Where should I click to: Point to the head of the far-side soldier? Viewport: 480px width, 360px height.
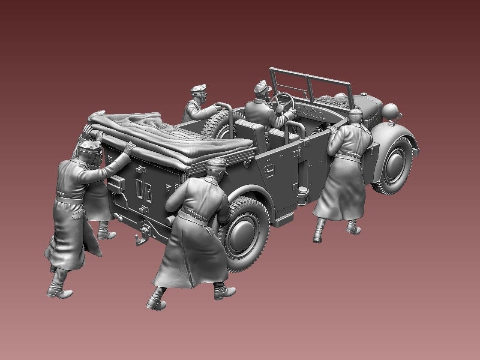[x=199, y=93]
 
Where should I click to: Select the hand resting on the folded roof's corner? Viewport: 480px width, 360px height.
[x=129, y=147]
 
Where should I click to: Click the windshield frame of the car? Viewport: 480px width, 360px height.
[x=309, y=84]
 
